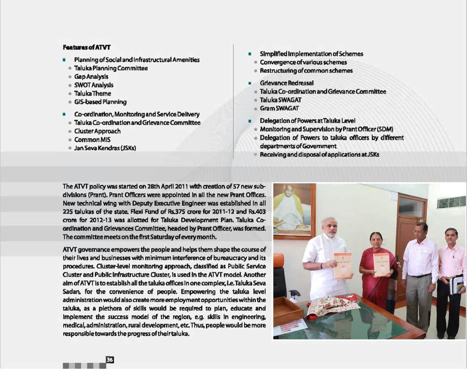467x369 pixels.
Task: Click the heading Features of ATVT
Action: click(87, 48)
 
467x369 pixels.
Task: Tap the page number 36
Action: click(110, 359)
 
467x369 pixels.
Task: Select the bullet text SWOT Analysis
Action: click(94, 85)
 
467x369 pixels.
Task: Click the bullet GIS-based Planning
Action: click(100, 102)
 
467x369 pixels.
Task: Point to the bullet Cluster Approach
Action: click(97, 131)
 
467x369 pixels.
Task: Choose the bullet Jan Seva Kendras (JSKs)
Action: click(105, 148)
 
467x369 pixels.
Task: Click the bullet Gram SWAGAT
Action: click(279, 108)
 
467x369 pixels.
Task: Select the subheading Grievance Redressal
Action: click(287, 83)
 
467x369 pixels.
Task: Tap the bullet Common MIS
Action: click(92, 140)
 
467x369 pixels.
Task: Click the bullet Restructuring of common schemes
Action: click(306, 71)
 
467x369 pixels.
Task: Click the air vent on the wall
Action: click(451, 202)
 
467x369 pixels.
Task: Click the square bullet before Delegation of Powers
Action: click(250, 121)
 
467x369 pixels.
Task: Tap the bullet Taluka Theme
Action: click(92, 94)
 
